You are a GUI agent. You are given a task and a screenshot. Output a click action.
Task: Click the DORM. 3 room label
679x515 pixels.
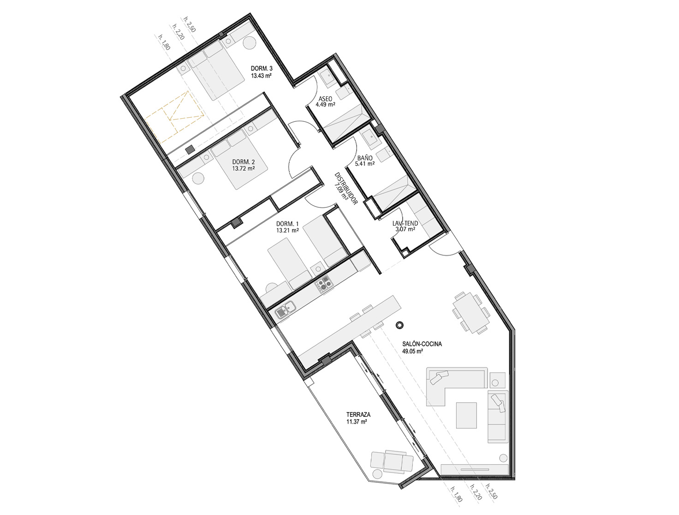point(262,68)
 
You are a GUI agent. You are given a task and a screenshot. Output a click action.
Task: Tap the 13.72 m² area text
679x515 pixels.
point(244,168)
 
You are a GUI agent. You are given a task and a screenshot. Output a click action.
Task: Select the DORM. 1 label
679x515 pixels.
point(287,223)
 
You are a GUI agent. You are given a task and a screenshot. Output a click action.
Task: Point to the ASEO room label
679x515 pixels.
point(325,99)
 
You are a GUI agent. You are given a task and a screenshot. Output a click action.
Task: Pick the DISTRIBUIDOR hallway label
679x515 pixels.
point(346,189)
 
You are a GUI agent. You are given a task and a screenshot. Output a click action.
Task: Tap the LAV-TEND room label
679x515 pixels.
point(405,223)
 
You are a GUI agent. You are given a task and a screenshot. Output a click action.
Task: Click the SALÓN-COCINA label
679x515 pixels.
point(422,344)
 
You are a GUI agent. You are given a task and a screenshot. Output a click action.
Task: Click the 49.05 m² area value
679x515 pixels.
point(413,351)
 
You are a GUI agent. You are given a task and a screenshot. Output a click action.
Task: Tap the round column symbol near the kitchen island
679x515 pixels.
point(399,325)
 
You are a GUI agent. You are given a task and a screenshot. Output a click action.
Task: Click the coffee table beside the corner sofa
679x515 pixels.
point(466,415)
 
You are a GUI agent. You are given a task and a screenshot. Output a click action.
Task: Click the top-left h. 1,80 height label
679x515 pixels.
point(164,42)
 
